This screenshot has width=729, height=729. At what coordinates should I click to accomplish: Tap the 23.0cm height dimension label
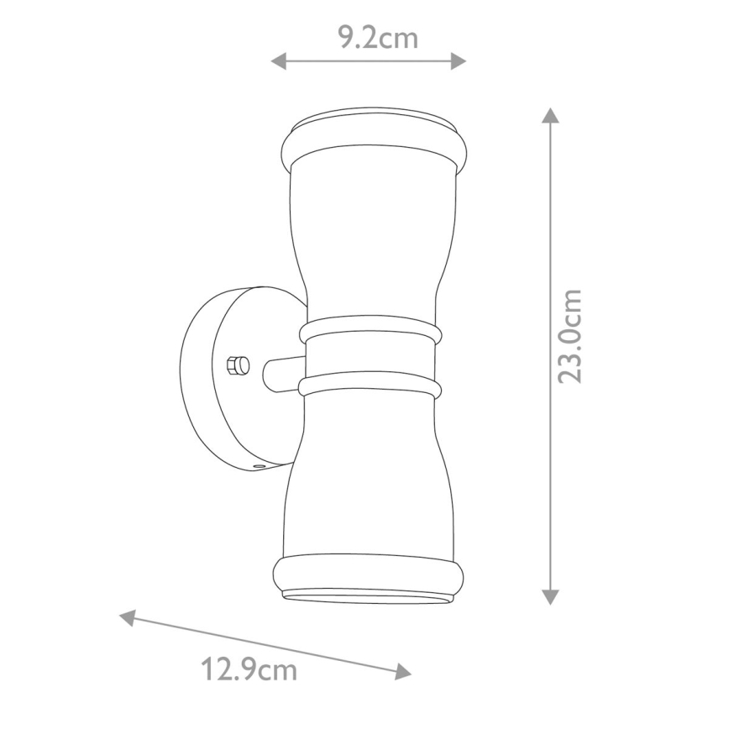click(x=571, y=336)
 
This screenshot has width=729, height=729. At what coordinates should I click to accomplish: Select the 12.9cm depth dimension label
click(x=249, y=670)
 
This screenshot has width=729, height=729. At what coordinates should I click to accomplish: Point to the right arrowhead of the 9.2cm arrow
click(x=459, y=60)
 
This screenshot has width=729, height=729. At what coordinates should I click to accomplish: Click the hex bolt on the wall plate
click(x=238, y=366)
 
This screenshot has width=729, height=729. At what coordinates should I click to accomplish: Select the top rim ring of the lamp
click(x=372, y=143)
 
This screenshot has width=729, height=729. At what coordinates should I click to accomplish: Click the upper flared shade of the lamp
click(x=370, y=235)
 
